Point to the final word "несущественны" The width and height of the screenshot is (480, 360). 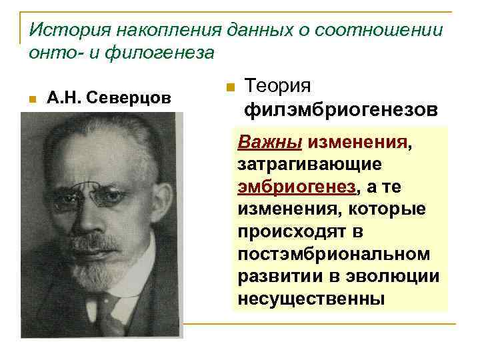pos(311,298)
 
